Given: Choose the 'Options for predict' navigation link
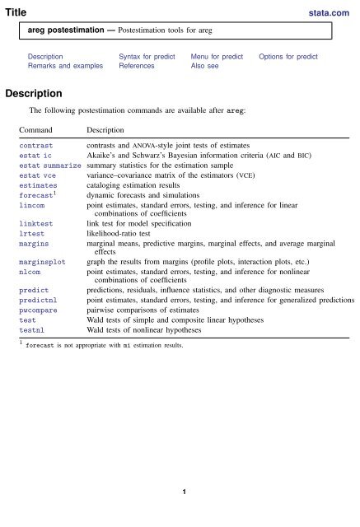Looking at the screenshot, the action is (288, 56).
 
